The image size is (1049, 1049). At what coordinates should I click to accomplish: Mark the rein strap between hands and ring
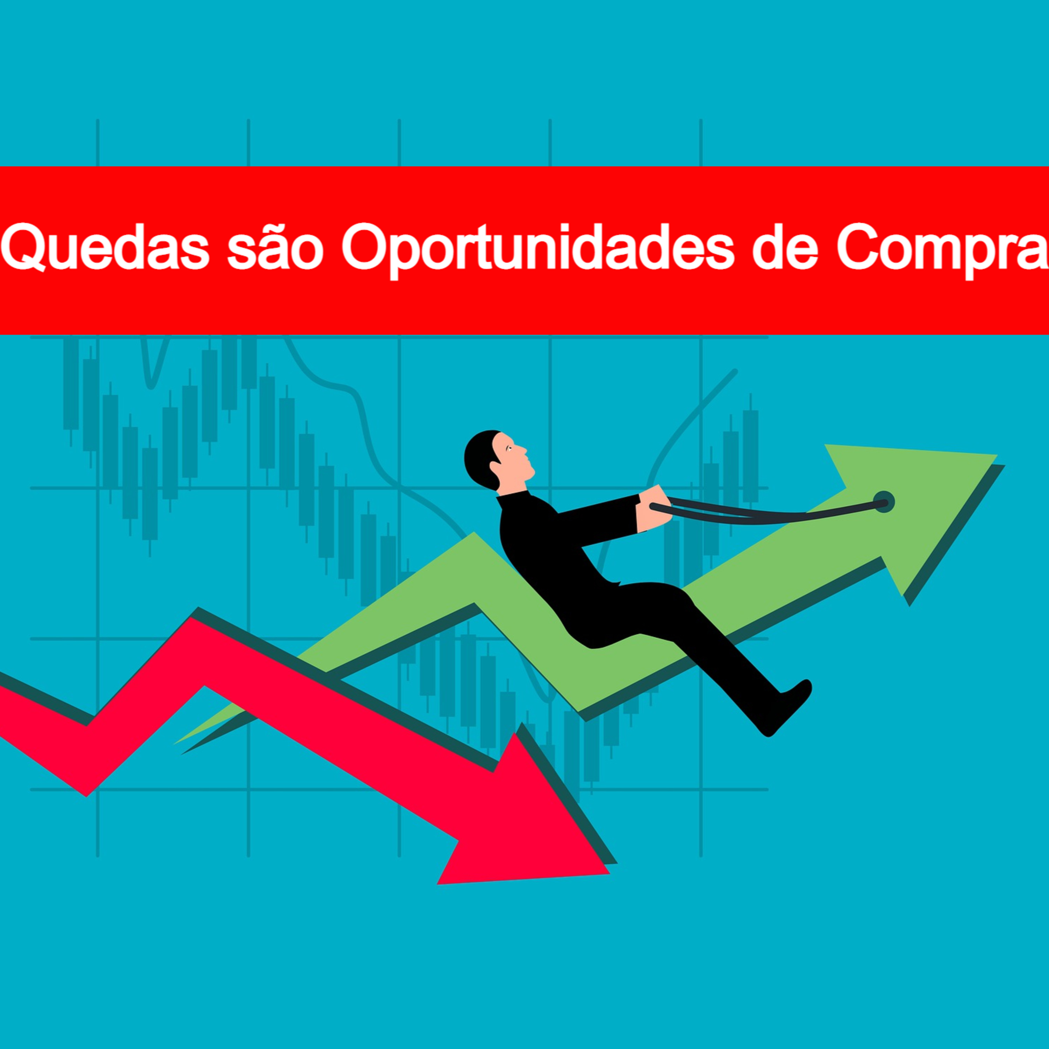point(771,513)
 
